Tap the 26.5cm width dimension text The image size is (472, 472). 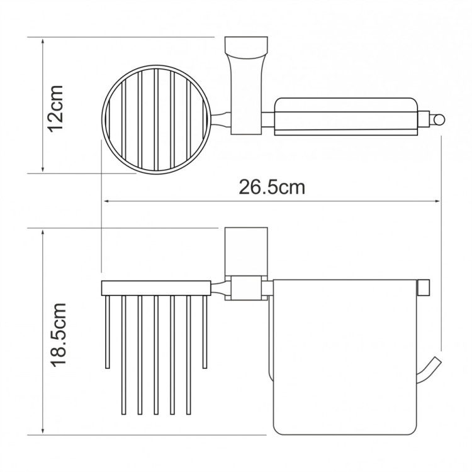click(x=271, y=187)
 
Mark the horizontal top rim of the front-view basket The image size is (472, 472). click(x=156, y=287)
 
